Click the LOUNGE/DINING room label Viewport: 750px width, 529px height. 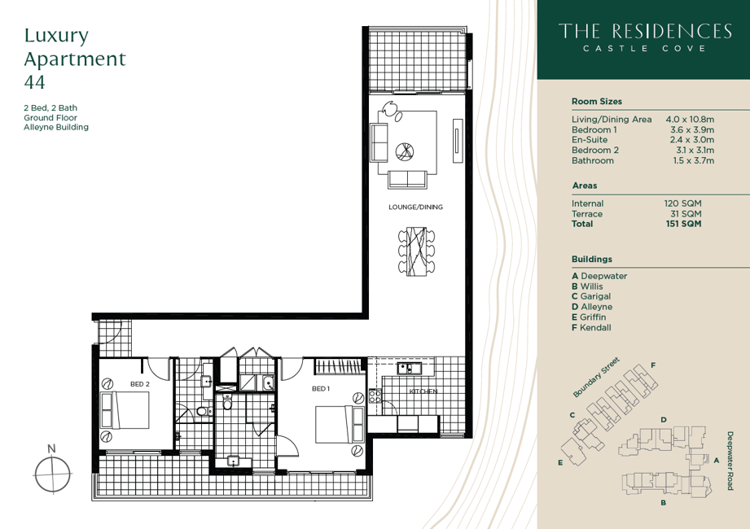tap(415, 207)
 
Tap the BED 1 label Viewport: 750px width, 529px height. tap(321, 388)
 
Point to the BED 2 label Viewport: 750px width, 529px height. tap(140, 383)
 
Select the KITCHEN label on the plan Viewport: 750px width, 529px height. tap(423, 391)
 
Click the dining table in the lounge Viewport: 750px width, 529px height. tap(417, 251)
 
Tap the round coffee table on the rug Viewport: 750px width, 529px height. tap(405, 151)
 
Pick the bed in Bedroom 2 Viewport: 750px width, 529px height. tap(125, 410)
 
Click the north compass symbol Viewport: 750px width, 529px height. tap(52, 474)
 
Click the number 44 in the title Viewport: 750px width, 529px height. tap(34, 82)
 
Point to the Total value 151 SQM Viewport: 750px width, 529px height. tap(683, 224)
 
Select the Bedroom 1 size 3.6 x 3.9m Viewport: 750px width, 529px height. tap(691, 129)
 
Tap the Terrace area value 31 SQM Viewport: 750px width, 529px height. tap(686, 213)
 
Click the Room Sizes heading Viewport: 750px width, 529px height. tap(596, 101)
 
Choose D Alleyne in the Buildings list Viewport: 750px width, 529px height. tap(592, 307)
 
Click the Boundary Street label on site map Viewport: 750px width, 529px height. tap(596, 377)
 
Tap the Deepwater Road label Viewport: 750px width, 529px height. tap(730, 460)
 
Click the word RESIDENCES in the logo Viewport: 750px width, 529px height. tap(672, 31)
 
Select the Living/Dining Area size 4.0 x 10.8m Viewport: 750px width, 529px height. tap(690, 119)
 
